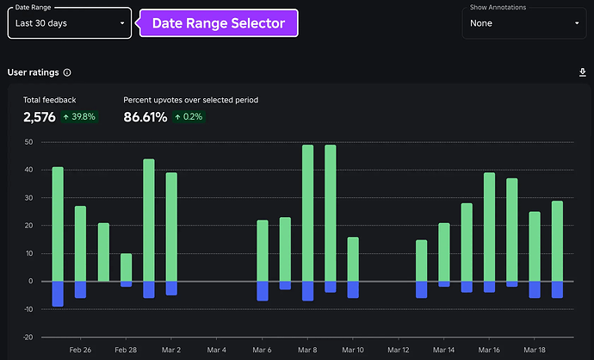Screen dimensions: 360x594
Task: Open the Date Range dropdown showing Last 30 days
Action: (x=69, y=23)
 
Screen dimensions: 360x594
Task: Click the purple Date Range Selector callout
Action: (x=218, y=23)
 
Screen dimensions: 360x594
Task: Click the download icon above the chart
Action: (x=582, y=73)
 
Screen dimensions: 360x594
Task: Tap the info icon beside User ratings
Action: (x=67, y=73)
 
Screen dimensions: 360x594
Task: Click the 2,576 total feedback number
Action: (x=39, y=117)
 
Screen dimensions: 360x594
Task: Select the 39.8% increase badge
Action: (x=79, y=117)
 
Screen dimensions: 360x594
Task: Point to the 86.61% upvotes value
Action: (x=145, y=117)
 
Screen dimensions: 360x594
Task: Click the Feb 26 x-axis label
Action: (x=80, y=351)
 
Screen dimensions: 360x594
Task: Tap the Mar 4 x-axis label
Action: (x=216, y=351)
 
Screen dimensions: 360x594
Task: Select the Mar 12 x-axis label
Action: (x=399, y=351)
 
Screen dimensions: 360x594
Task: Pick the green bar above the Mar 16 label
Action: (x=489, y=227)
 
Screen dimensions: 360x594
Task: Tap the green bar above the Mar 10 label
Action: (x=353, y=258)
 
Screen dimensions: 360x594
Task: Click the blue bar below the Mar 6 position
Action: (x=263, y=291)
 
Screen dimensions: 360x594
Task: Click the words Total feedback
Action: (x=49, y=100)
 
